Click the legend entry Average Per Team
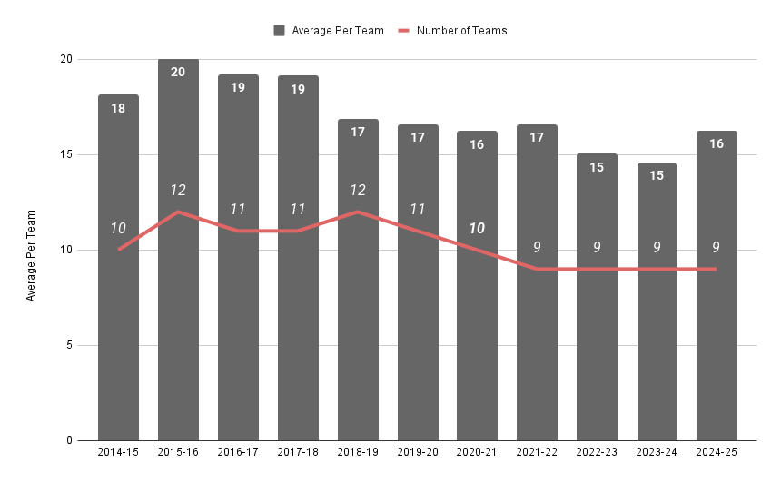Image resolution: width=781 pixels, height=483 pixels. tap(329, 31)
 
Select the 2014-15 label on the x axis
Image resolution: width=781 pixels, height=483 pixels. tap(119, 452)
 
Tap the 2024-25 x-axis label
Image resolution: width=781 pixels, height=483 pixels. tap(717, 452)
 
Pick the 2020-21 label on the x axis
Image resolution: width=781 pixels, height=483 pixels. tap(478, 452)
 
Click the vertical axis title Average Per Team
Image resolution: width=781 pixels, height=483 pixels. tap(31, 255)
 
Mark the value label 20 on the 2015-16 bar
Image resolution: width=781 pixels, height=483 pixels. tap(178, 73)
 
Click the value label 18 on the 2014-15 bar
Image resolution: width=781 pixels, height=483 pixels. tap(119, 108)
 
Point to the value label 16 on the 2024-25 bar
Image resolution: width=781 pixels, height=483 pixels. tap(717, 143)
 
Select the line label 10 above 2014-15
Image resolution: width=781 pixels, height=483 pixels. tap(119, 228)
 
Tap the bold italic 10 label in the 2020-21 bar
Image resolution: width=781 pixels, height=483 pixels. tap(478, 228)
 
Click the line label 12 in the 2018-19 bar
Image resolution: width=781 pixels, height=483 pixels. tap(358, 191)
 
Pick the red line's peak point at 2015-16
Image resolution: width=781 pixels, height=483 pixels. tap(178, 212)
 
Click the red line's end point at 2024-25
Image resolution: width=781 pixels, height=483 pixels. tap(717, 269)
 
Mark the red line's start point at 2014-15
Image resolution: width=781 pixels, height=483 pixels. tap(119, 250)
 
